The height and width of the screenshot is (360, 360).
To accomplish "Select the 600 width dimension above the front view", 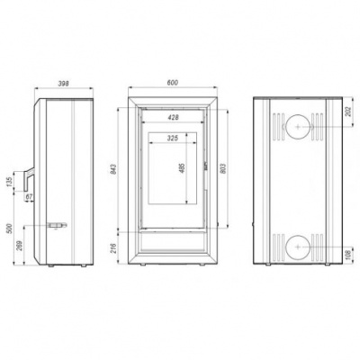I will click(171, 84).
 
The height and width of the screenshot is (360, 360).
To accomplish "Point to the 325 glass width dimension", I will click(172, 139).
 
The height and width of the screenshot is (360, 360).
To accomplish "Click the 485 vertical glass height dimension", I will click(183, 171).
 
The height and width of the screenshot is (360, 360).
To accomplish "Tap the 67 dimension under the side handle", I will click(30, 196).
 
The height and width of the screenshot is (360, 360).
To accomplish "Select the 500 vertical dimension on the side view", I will click(10, 229).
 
